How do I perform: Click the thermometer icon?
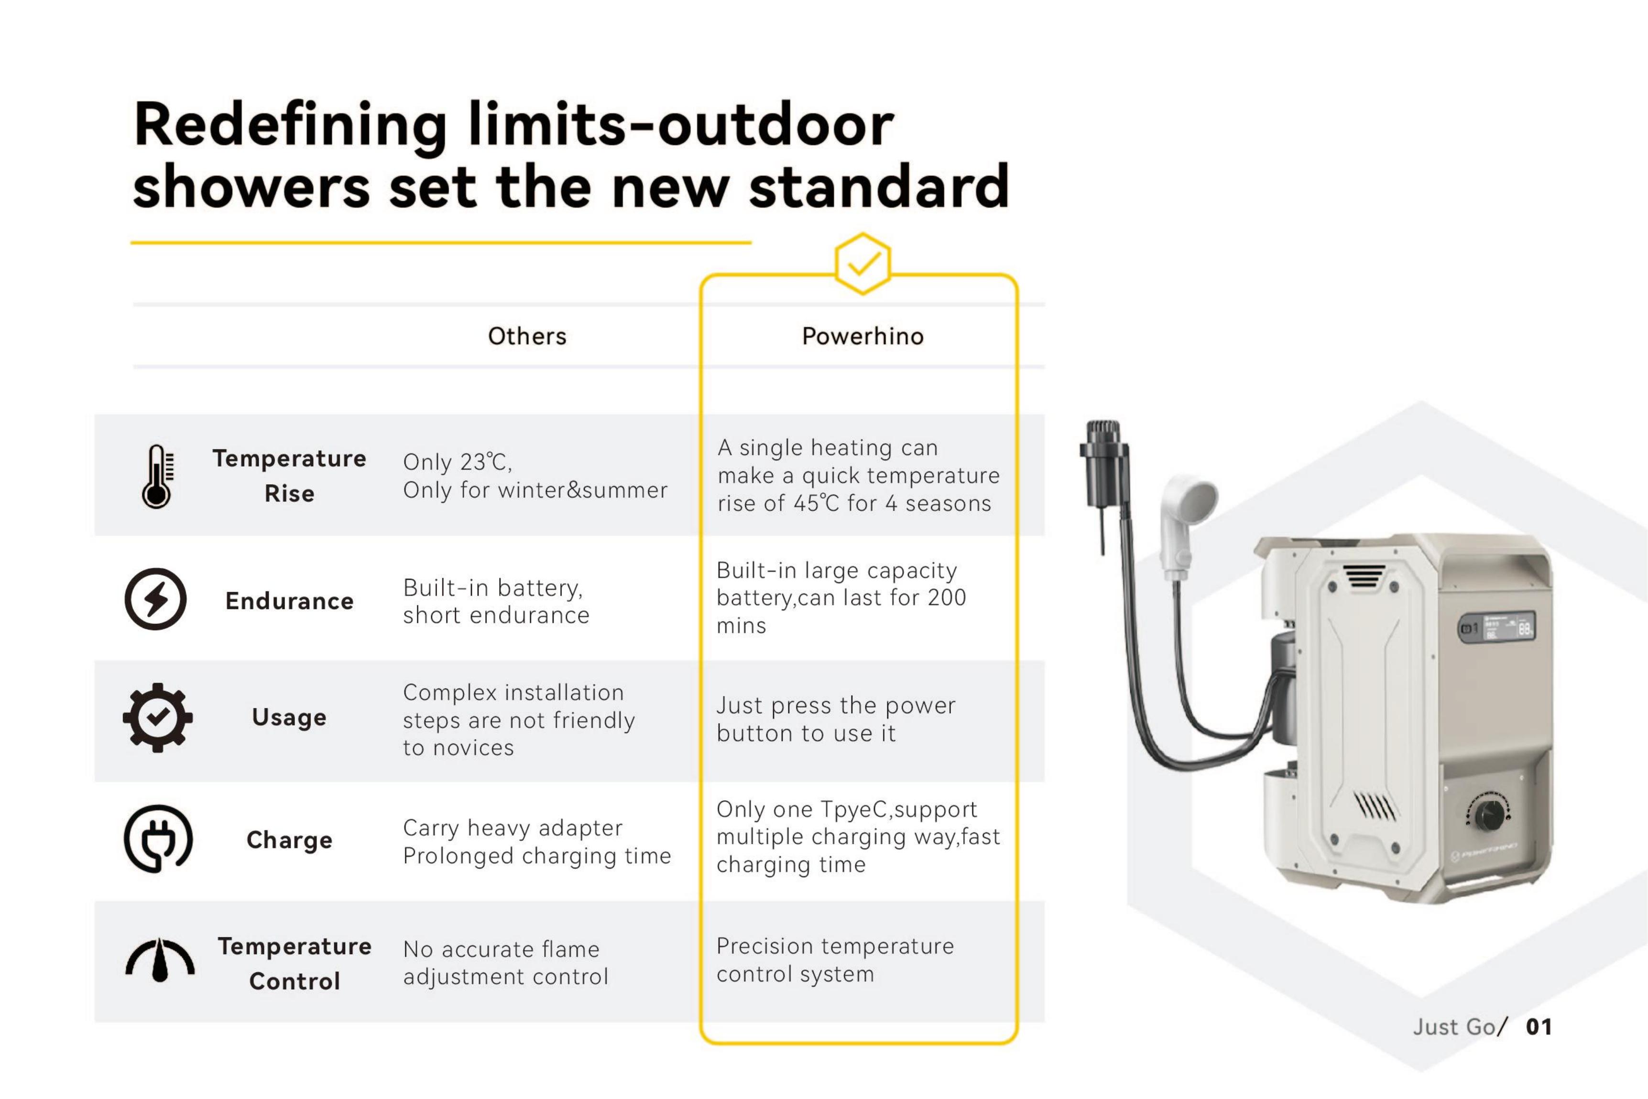coord(157,476)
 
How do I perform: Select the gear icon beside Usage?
coord(158,717)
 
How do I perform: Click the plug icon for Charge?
coord(158,838)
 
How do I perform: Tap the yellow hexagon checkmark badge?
coord(862,263)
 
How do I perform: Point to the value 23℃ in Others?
coord(484,462)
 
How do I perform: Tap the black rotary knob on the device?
coord(1488,815)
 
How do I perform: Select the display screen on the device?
coord(1496,627)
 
